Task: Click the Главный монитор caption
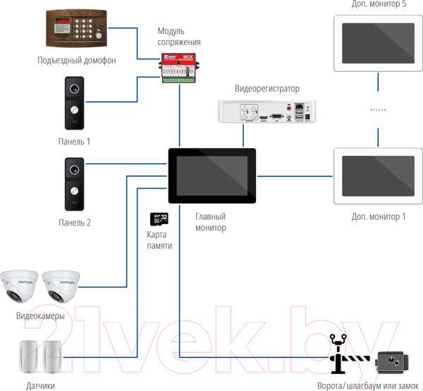[211, 223]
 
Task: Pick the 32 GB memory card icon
[160, 219]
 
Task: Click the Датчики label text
[41, 385]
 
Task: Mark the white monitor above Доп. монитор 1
[373, 174]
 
